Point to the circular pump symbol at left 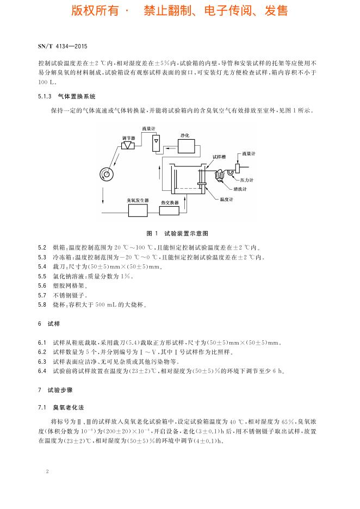(x=108, y=174)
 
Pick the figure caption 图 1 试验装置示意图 (x=179, y=233)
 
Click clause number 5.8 (x=42, y=305)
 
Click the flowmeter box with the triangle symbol (x=157, y=142)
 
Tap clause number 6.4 (x=42, y=371)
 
